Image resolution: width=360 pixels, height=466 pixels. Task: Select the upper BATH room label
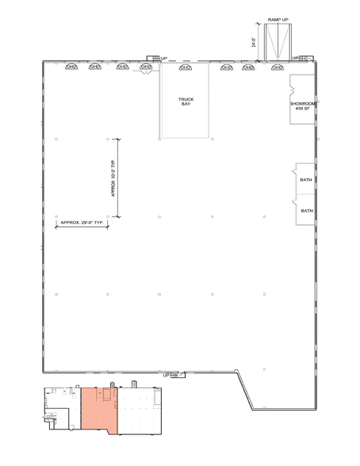[x=306, y=180]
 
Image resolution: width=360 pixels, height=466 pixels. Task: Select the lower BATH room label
[x=306, y=211]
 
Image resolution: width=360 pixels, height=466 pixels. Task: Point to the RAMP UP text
[x=278, y=18]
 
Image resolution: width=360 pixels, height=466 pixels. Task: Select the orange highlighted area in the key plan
[x=99, y=410]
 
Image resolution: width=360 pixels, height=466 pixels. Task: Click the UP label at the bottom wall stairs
[x=166, y=374]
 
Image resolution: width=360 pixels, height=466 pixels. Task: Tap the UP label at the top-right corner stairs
[x=295, y=58]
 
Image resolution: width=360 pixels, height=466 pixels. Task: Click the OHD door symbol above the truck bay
[x=186, y=67]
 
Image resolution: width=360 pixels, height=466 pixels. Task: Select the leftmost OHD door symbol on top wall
[x=71, y=67]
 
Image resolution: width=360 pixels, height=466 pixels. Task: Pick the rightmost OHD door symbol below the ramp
[x=276, y=67]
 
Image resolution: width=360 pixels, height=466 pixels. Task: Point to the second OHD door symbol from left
[x=95, y=67]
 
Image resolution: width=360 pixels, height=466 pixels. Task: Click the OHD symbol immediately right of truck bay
[x=226, y=67]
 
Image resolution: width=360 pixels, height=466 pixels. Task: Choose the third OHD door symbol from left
[x=122, y=67]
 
